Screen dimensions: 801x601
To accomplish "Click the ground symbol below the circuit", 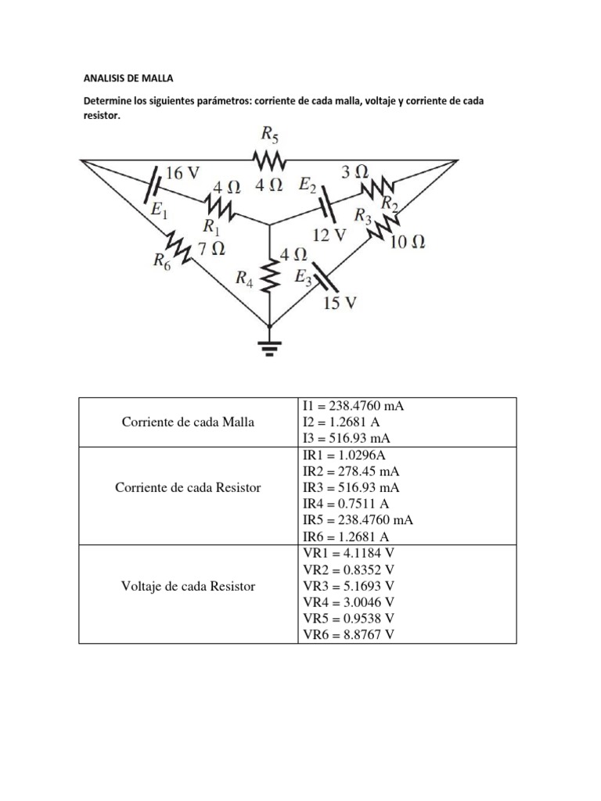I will [x=270, y=347].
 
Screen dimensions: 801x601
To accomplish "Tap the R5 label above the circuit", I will [x=269, y=135].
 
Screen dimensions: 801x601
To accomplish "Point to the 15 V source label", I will [x=340, y=303].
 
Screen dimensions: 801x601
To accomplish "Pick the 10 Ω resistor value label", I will [x=407, y=242].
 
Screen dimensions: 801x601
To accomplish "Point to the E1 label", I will [x=159, y=210].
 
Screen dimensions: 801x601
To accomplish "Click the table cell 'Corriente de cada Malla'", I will [x=188, y=422].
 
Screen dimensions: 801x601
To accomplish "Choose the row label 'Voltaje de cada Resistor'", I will [x=188, y=586].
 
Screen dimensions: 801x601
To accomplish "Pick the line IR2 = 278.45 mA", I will [x=352, y=471].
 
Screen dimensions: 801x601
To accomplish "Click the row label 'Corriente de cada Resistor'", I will [x=188, y=487].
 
